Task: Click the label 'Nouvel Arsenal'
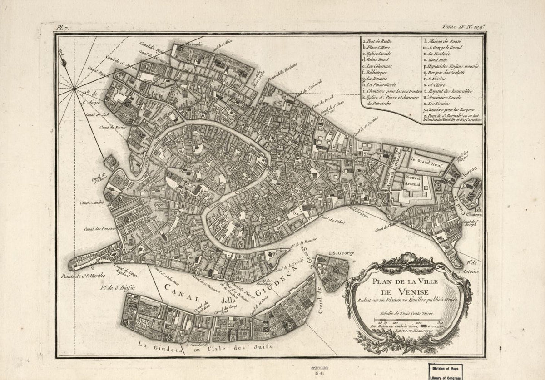[414, 182]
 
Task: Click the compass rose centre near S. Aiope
[74, 90]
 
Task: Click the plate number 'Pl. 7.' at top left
[62, 27]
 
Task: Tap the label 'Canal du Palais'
[333, 221]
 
